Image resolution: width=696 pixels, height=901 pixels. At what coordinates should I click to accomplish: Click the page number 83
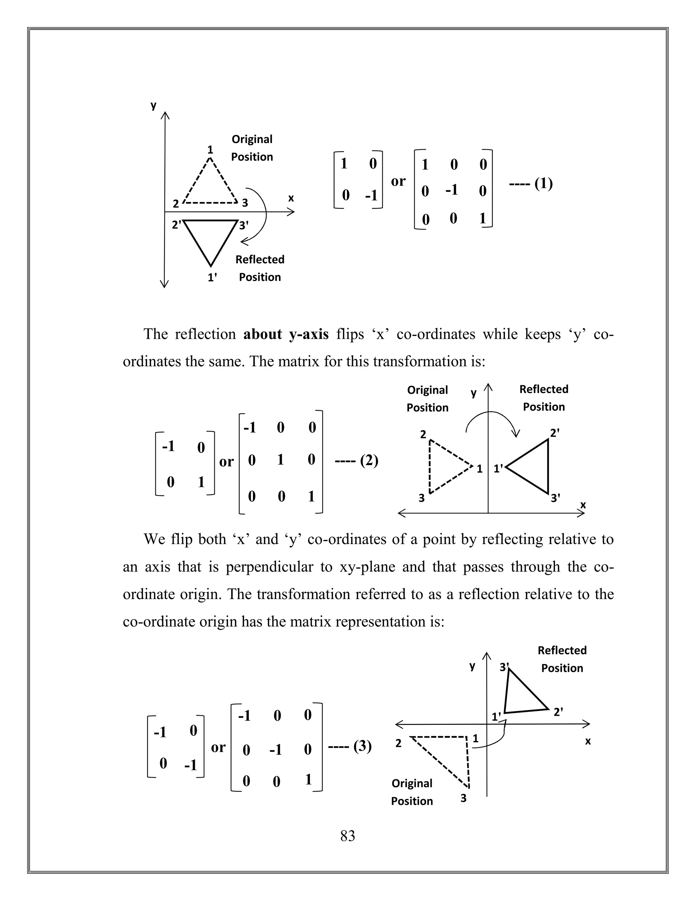348,835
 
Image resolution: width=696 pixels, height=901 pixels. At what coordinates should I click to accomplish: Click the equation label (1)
543,183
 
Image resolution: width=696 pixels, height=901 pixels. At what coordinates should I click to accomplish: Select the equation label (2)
369,460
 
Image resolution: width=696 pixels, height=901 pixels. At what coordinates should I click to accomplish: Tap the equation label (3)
362,746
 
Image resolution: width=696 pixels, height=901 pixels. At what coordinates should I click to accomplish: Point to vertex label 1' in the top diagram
212,278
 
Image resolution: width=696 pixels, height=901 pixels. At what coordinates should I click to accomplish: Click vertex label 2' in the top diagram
176,225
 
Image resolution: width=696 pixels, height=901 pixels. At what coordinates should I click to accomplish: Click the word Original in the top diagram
252,139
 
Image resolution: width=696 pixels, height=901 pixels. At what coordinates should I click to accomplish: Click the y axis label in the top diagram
153,106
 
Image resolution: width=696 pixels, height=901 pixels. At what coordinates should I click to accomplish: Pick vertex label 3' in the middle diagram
555,498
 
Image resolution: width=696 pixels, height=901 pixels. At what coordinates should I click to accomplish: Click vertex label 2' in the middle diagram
555,433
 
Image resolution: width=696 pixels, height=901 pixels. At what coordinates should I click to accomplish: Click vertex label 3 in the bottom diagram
464,798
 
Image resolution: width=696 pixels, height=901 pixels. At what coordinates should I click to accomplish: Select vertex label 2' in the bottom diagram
558,712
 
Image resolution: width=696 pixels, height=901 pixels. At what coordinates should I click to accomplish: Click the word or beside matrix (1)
398,181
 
